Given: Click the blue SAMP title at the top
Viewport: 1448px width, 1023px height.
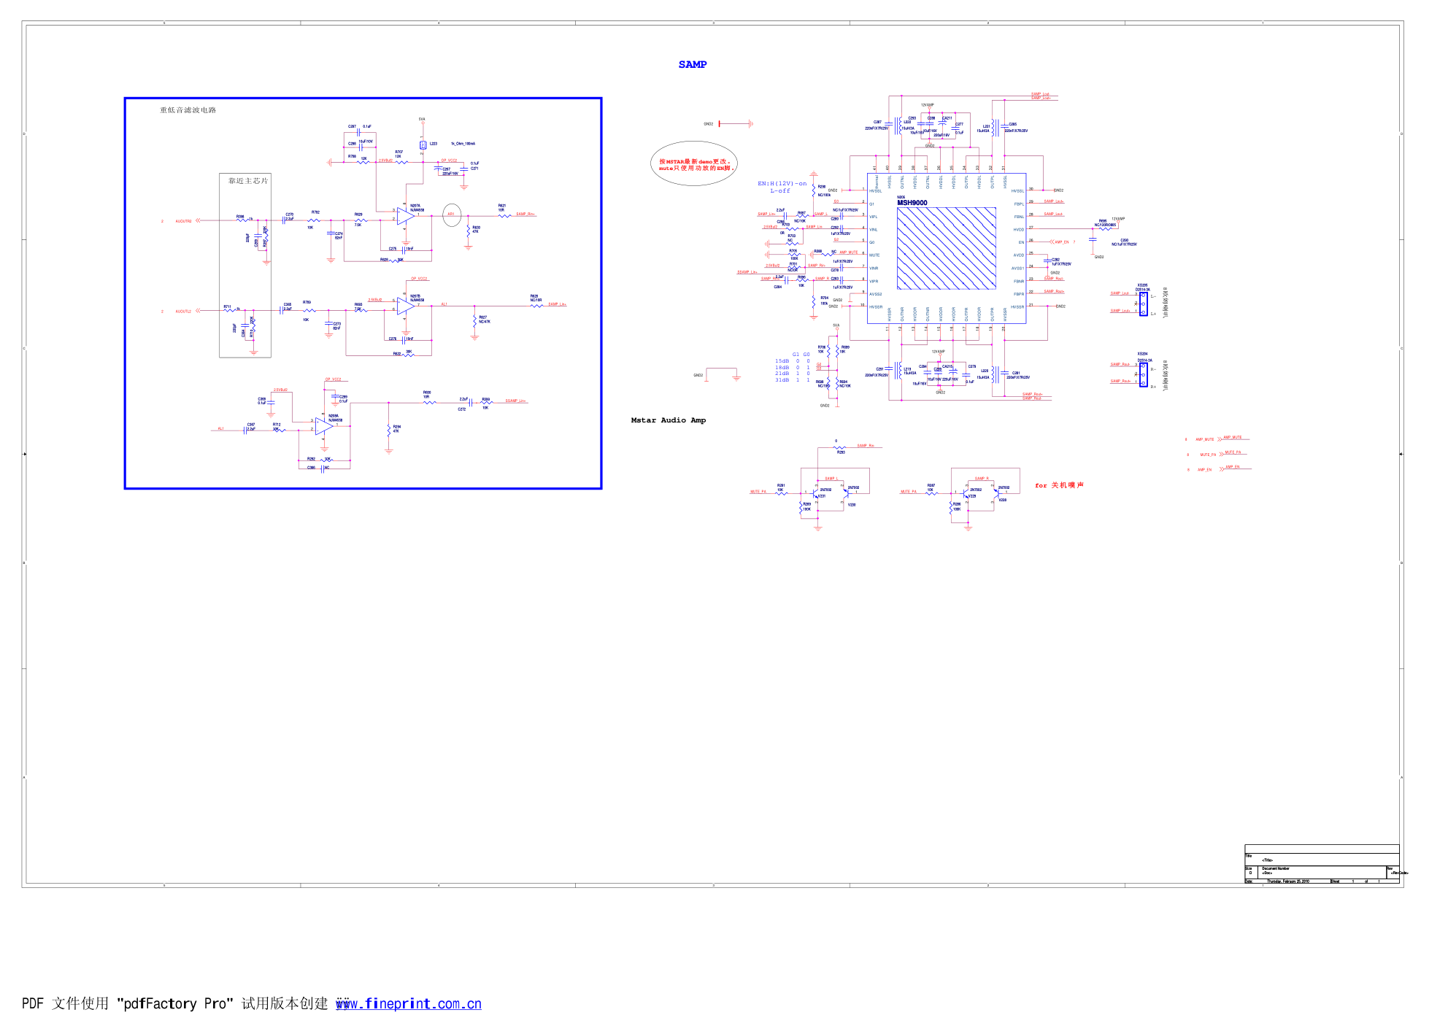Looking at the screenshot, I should click(692, 64).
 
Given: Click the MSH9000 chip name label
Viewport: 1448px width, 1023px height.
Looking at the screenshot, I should click(912, 203).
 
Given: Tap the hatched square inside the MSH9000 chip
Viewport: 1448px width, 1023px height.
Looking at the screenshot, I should click(946, 248).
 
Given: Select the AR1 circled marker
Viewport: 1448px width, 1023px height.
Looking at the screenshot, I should click(451, 214).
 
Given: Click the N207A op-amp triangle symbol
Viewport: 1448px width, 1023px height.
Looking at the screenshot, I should click(405, 215).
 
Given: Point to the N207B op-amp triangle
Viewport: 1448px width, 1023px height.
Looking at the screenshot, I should click(405, 306).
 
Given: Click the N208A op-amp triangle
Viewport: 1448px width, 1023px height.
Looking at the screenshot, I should click(323, 426).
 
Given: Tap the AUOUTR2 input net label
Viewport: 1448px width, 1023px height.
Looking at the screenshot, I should click(183, 221).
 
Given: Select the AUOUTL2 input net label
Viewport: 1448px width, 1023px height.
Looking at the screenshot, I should click(183, 312).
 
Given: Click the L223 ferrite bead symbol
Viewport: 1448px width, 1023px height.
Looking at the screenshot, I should click(423, 145).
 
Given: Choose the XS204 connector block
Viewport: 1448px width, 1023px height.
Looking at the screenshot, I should click(1143, 374).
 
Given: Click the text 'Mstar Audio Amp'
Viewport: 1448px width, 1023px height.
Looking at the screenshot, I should click(668, 420).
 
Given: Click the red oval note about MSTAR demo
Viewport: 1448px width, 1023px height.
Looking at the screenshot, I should click(693, 164).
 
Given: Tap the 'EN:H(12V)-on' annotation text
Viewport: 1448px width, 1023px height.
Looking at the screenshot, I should click(782, 183).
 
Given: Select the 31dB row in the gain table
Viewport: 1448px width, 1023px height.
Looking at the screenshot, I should click(792, 380).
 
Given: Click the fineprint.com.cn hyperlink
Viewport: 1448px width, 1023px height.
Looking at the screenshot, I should click(408, 1004).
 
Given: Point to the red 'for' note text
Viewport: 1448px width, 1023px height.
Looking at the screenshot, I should click(1041, 485).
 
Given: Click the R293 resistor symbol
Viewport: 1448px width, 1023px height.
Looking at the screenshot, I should click(840, 447).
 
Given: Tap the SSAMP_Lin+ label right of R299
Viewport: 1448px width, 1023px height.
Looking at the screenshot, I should click(515, 401).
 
